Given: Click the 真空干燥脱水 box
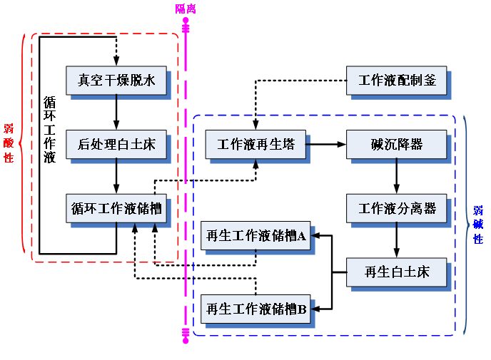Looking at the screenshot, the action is tap(116, 81).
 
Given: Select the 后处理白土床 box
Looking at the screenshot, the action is tap(116, 144).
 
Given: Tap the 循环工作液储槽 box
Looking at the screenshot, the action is tap(116, 208).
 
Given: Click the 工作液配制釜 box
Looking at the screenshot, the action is tap(396, 81).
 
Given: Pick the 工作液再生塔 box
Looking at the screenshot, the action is tap(255, 144).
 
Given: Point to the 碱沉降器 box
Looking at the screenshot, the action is tap(396, 144).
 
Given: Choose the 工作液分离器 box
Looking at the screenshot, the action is tap(396, 208).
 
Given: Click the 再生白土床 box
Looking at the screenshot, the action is tap(396, 272).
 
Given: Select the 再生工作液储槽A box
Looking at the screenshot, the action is tap(255, 235).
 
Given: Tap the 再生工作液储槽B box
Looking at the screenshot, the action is tap(255, 309).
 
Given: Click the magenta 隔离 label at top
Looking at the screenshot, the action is tap(186, 9).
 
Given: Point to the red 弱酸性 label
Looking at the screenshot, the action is tap(9, 143).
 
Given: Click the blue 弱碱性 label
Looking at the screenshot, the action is tap(478, 225).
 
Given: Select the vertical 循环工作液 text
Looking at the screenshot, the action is tap(49, 130).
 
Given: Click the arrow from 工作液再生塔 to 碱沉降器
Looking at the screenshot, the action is tap(326, 144).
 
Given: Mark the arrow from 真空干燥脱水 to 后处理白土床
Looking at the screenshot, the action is tap(116, 113).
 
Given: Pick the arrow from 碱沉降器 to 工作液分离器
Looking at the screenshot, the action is tap(396, 176).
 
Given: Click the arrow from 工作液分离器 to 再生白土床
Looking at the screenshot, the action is tap(396, 240).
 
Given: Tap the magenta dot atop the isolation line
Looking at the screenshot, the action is tap(186, 21).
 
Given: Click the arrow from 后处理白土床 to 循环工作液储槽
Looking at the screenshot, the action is tap(116, 176).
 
